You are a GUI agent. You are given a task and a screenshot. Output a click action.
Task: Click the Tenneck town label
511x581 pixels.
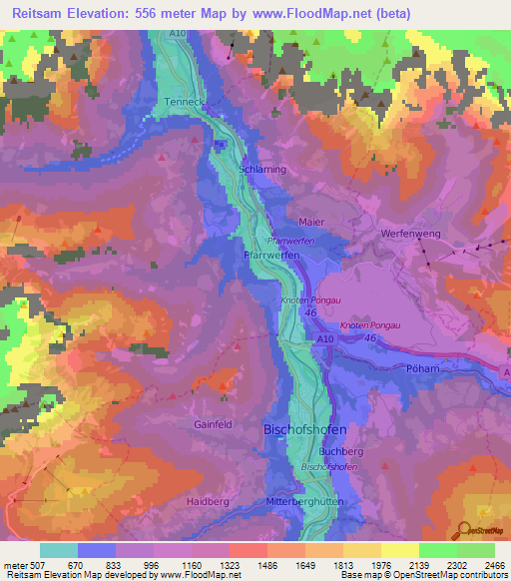(x=185, y=102)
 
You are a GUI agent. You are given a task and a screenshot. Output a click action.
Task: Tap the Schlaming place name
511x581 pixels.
(x=263, y=169)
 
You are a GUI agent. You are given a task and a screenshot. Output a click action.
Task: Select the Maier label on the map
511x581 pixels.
(x=312, y=222)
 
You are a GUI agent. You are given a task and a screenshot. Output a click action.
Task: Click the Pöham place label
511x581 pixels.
(x=424, y=368)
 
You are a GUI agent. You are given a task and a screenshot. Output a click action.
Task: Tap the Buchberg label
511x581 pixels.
(x=341, y=451)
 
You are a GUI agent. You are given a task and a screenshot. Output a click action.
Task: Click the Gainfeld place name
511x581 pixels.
(x=213, y=424)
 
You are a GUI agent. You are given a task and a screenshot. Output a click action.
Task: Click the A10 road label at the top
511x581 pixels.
(x=177, y=34)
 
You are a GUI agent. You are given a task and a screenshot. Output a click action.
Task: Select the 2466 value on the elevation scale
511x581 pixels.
(x=493, y=566)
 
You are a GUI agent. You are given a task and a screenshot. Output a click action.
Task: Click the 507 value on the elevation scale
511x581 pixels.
(x=38, y=566)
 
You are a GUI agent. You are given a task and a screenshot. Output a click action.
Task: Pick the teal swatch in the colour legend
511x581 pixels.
(x=58, y=550)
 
